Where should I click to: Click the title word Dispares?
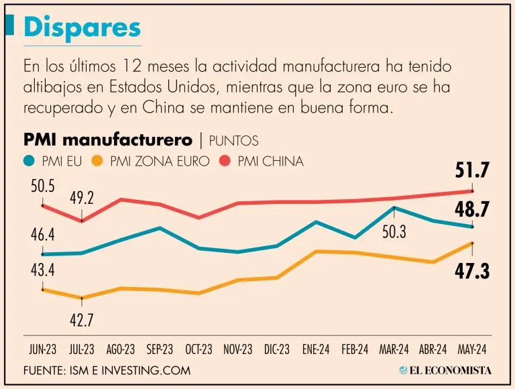[82, 27]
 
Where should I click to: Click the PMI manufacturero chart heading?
[108, 140]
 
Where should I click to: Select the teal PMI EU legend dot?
[30, 161]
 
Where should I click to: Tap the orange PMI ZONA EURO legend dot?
[98, 161]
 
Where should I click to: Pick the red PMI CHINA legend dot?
[225, 161]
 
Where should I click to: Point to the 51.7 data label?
[473, 170]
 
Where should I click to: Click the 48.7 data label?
[473, 209]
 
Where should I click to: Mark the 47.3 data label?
[473, 270]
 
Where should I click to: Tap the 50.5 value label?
[42, 186]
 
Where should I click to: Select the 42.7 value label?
[82, 319]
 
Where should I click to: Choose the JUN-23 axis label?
[42, 349]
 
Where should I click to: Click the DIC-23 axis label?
[276, 349]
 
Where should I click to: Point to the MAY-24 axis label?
[473, 349]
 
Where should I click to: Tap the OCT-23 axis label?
[198, 349]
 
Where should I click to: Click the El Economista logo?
[445, 370]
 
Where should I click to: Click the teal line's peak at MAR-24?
[394, 208]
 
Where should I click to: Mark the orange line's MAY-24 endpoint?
[473, 243]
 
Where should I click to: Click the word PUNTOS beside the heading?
[233, 140]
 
